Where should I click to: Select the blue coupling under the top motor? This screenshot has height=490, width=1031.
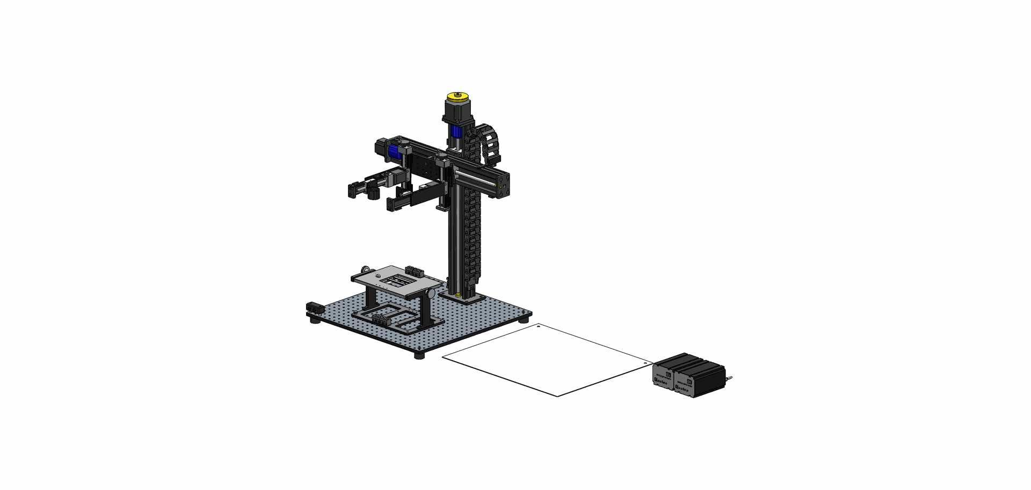click(457, 131)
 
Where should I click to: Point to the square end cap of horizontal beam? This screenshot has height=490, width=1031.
click(503, 185)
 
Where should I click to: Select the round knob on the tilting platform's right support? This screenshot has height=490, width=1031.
click(431, 293)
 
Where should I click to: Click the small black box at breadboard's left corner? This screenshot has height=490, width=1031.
click(314, 308)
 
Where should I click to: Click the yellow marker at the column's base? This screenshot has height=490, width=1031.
click(458, 295)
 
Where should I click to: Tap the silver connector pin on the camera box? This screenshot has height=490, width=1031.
click(729, 379)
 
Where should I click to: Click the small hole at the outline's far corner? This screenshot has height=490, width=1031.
click(539, 326)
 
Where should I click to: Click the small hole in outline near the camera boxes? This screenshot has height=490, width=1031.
click(644, 364)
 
